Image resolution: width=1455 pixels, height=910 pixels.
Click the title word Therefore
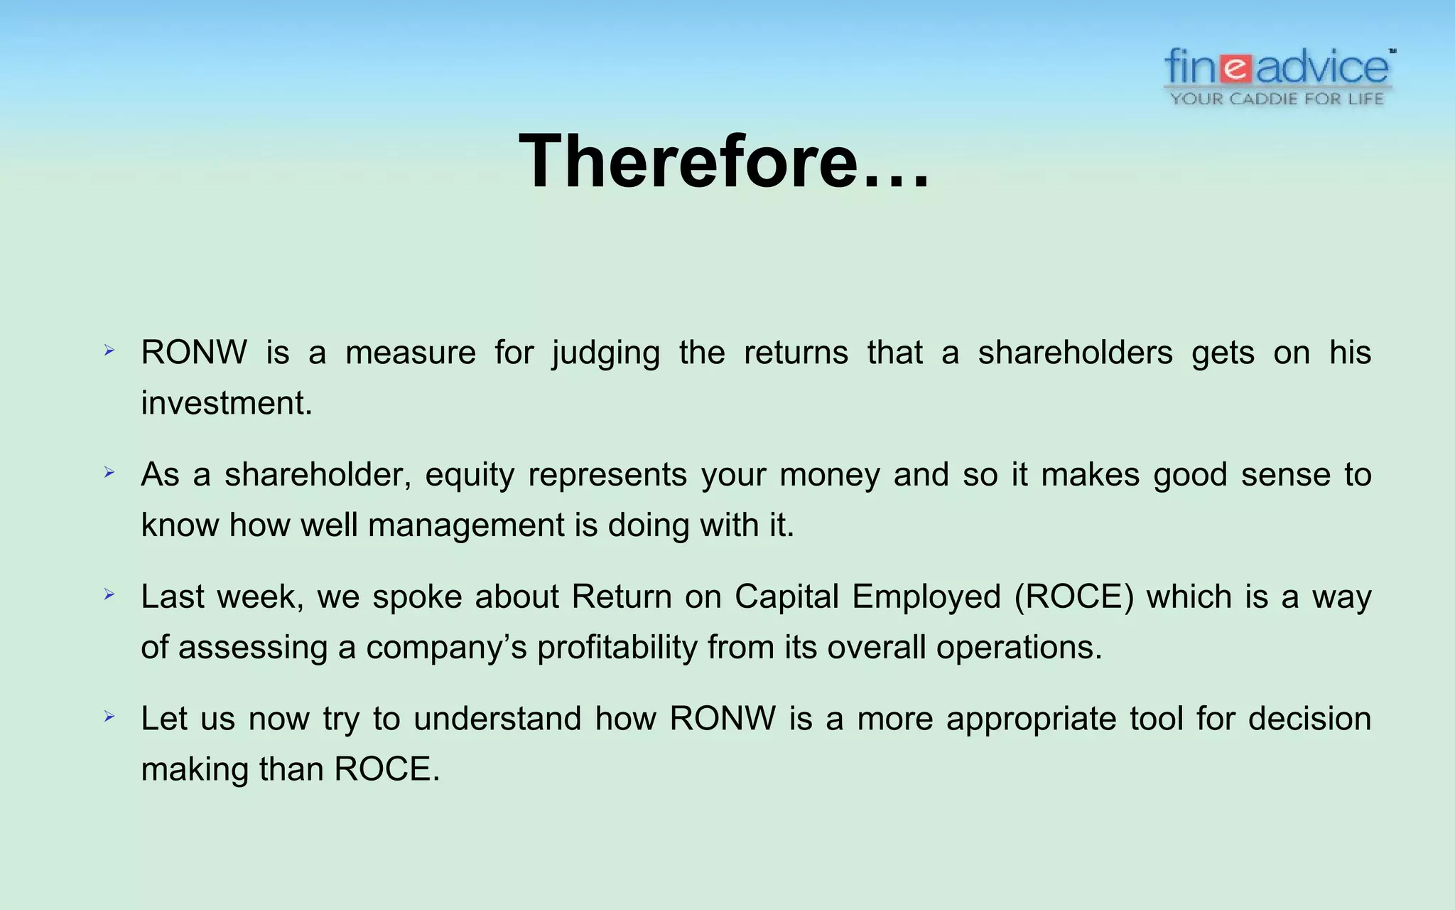tap(723, 162)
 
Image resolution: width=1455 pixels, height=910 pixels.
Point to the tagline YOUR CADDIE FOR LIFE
tap(1277, 99)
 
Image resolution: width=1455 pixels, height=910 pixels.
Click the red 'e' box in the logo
tap(1237, 68)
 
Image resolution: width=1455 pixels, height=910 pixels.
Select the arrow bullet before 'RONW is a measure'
tap(109, 350)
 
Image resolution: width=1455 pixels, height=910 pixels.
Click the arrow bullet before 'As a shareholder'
tap(109, 472)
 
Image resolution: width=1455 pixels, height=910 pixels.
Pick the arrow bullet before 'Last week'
tap(109, 594)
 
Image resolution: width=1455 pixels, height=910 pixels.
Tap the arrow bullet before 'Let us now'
tap(109, 716)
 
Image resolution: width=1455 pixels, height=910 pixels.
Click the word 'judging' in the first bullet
tap(606, 353)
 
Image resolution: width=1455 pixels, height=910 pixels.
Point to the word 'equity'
tap(470, 475)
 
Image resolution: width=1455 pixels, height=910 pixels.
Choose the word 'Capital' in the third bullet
tap(786, 596)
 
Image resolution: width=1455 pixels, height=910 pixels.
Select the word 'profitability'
tap(617, 648)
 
